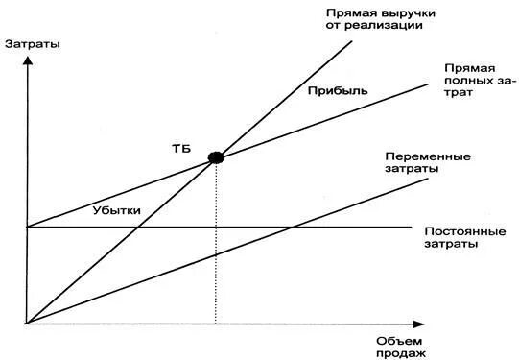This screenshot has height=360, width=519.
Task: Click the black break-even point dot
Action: [x=216, y=156]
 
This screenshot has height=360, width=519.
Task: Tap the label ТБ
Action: [x=181, y=147]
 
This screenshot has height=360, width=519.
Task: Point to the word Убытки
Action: [x=117, y=208]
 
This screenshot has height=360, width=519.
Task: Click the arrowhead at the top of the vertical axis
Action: [x=28, y=60]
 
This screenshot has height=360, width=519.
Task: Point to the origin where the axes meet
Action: [x=28, y=324]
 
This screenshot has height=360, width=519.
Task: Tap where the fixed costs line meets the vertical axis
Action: [x=28, y=228]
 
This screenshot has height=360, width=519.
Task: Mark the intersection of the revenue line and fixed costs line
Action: [x=140, y=228]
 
